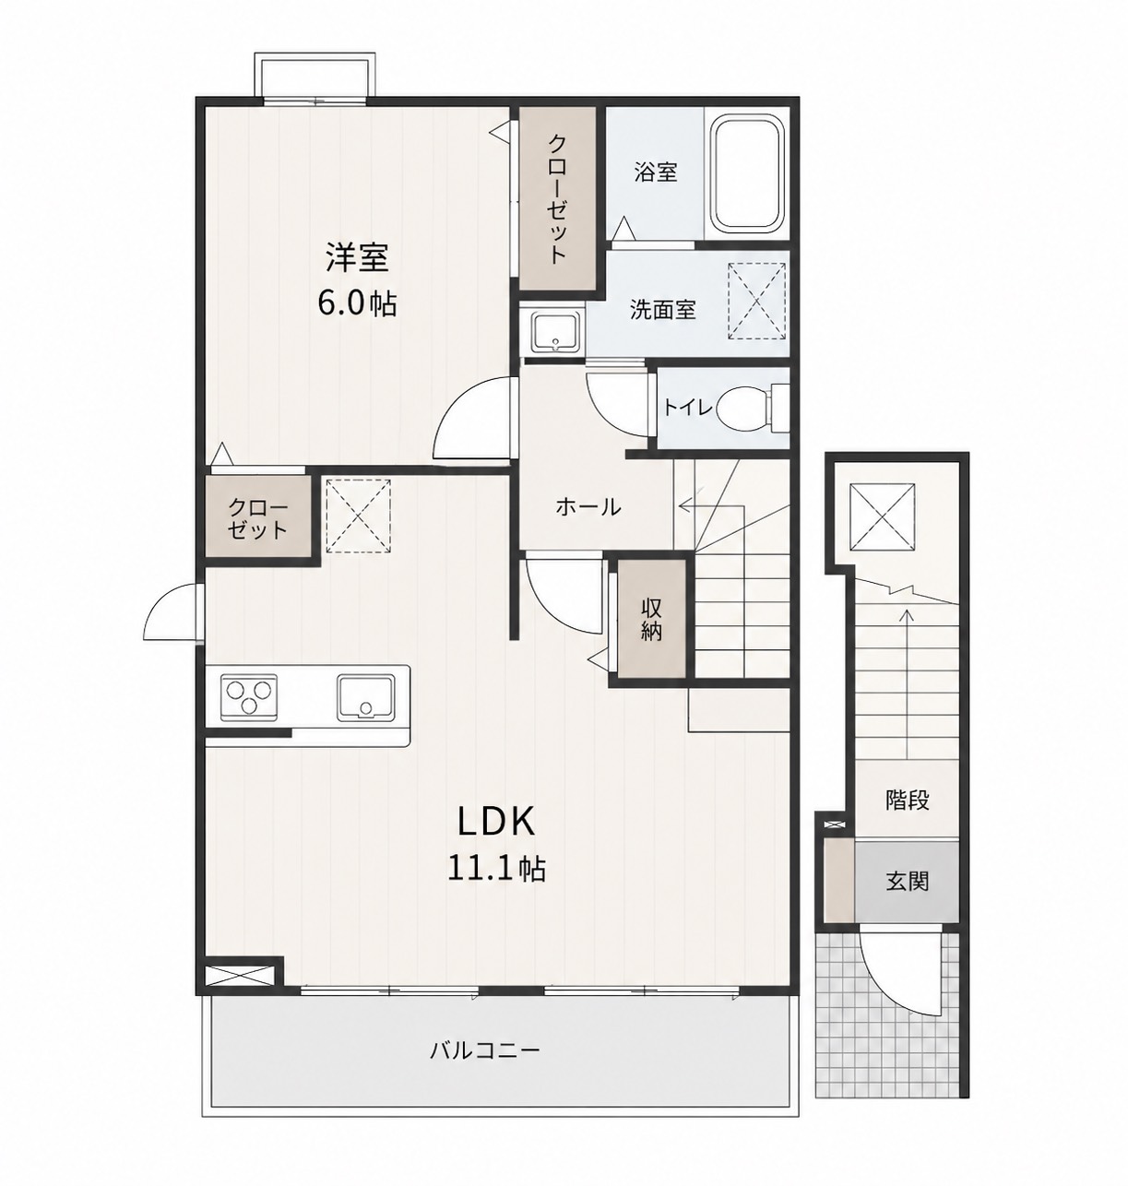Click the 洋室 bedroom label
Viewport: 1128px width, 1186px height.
pyautogui.click(x=357, y=257)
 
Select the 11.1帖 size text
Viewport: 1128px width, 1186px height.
pyautogui.click(x=496, y=870)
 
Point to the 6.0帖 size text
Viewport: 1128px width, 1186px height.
pyautogui.click(x=357, y=304)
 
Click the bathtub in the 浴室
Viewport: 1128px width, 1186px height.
pyautogui.click(x=746, y=174)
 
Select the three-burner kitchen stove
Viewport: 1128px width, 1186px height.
pyautogui.click(x=249, y=697)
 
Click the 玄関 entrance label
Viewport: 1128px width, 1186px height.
pyautogui.click(x=908, y=882)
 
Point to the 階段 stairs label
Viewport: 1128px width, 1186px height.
pyautogui.click(x=908, y=801)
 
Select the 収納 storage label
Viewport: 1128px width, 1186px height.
pyautogui.click(x=652, y=620)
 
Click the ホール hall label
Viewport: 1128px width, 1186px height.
pyautogui.click(x=588, y=506)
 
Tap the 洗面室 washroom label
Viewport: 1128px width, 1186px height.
pyautogui.click(x=662, y=310)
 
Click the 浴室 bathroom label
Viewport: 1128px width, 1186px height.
pyautogui.click(x=656, y=172)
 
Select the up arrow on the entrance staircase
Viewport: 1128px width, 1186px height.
pyautogui.click(x=906, y=683)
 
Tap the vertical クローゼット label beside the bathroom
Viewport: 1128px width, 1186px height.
pyautogui.click(x=557, y=199)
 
